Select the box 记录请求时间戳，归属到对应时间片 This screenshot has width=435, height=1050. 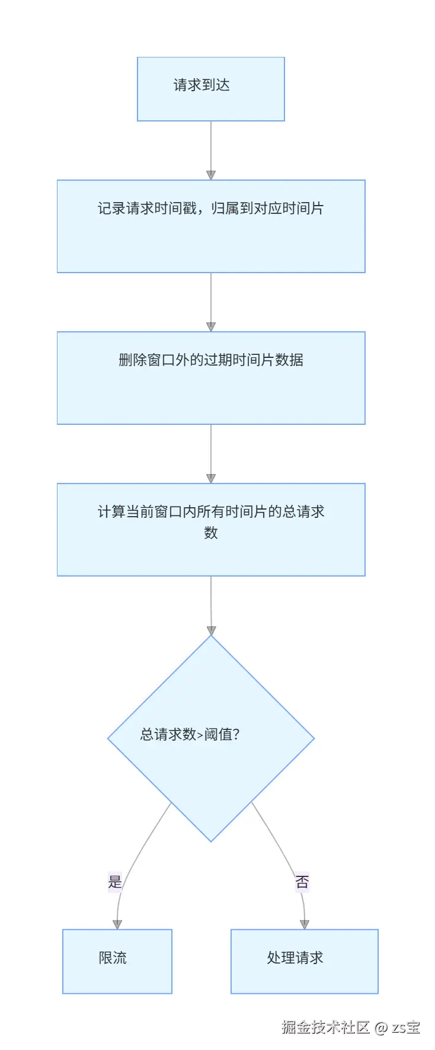coord(210,226)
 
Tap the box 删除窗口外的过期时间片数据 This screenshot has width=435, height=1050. coord(210,378)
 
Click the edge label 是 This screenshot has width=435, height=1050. coord(115,882)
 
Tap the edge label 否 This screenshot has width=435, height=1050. coord(302,882)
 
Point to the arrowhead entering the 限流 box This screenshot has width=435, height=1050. coord(117,924)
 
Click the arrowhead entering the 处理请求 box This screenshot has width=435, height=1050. coord(304,924)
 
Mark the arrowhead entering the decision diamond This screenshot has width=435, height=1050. coord(211,630)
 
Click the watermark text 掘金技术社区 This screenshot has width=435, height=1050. coord(325,1027)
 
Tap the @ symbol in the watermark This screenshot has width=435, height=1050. coord(381,1027)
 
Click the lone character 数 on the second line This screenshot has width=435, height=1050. coord(211,533)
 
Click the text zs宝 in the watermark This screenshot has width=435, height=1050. coord(406,1027)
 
